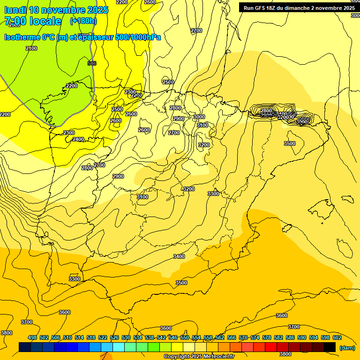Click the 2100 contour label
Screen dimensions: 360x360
[x=31, y=48]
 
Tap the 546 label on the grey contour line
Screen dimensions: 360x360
[x=92, y=63]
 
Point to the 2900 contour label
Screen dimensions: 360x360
[x=118, y=176]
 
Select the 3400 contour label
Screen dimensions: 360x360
[x=179, y=256]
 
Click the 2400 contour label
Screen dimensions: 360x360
[x=78, y=139]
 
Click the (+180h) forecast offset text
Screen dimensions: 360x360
[x=83, y=21]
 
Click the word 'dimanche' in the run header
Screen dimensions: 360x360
[x=296, y=8]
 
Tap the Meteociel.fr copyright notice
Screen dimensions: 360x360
[x=199, y=357]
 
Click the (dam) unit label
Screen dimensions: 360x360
[x=347, y=348]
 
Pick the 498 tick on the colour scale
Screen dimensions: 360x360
[x=32, y=337]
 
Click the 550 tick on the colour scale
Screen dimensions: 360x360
[x=185, y=337]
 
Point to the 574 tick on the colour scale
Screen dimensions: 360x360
[x=255, y=337]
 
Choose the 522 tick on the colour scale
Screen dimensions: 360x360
[x=103, y=337]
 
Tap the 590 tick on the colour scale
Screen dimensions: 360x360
[x=302, y=337]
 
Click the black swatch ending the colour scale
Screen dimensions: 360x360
[x=330, y=347]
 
